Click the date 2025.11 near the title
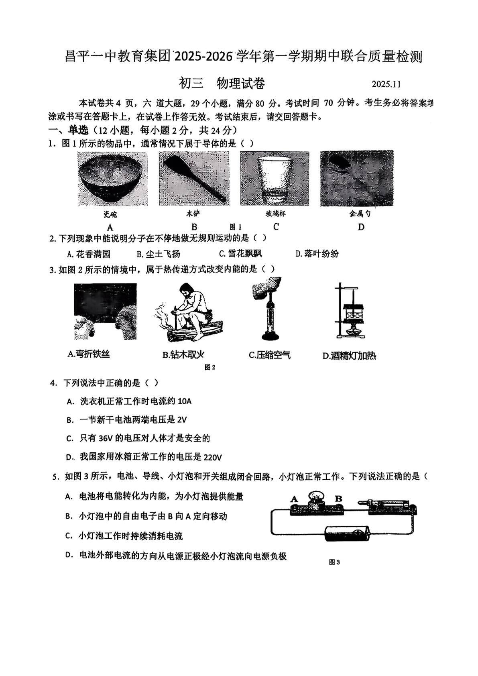click(386, 84)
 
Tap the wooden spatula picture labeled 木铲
click(194, 179)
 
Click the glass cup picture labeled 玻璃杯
click(275, 179)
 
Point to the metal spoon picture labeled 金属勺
click(357, 179)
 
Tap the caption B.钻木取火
click(183, 355)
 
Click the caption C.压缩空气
click(269, 355)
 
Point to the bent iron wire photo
click(105, 312)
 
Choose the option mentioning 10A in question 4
click(129, 401)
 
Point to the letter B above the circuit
click(338, 499)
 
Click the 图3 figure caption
click(334, 562)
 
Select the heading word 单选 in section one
click(77, 130)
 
